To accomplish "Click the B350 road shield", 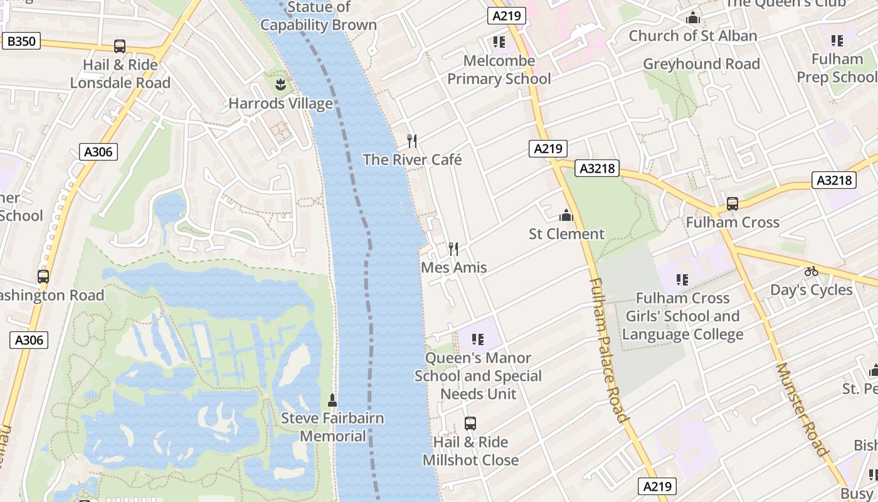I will click(x=21, y=42).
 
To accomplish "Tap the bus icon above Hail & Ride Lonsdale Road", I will click(x=119, y=46).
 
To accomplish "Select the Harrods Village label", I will click(x=280, y=104).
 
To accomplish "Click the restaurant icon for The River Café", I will click(x=412, y=141).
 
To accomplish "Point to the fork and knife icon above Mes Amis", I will click(x=453, y=249).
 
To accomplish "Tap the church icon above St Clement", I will click(x=566, y=216).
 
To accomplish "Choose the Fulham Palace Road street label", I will click(x=606, y=350).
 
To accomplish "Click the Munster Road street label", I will click(x=803, y=409).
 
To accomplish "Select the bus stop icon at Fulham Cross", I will click(x=732, y=204).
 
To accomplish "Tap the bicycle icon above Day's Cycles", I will click(x=812, y=272).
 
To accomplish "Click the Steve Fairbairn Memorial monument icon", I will click(x=332, y=400).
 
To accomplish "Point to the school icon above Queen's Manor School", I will click(x=478, y=339).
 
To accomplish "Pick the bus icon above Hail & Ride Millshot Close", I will click(x=470, y=424).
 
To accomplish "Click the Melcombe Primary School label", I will click(x=499, y=70).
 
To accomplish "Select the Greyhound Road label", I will click(x=701, y=64).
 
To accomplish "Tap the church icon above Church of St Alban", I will click(x=693, y=18).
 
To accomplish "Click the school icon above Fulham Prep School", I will click(x=837, y=41).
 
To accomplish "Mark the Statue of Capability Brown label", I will click(x=319, y=16).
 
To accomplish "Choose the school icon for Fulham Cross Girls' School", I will click(x=682, y=280).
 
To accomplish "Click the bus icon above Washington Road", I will click(x=43, y=277).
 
